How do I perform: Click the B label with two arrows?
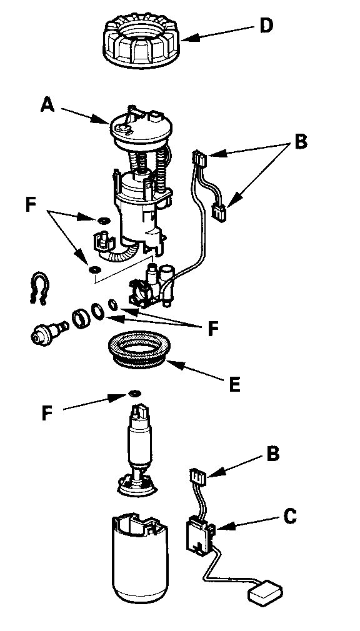pos(301,142)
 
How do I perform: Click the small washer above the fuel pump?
pos(133,393)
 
